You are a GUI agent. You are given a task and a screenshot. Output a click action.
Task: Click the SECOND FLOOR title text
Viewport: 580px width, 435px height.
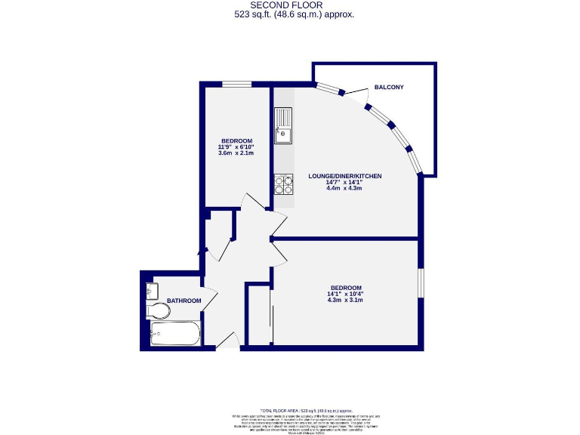[x=290, y=5]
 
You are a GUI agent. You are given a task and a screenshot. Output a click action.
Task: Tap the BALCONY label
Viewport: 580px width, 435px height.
[x=389, y=88]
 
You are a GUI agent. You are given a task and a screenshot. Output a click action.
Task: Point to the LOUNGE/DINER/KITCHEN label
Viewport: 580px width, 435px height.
[x=344, y=176]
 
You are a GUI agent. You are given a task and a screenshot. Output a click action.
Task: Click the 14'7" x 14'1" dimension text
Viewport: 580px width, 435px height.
[x=344, y=182]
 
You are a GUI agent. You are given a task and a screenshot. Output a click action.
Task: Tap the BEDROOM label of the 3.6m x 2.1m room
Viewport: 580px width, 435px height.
[x=236, y=141]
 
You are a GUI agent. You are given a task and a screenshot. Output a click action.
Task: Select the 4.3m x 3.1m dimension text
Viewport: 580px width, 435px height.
[x=345, y=300]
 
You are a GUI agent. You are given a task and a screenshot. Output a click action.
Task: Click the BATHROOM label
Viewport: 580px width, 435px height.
[x=184, y=301]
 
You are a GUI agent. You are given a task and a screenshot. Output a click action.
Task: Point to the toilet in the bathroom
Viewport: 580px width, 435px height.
[x=159, y=310]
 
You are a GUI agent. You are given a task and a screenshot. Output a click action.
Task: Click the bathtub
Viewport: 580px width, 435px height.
[x=174, y=333]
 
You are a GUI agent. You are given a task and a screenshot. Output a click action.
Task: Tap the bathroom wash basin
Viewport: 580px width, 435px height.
[x=150, y=290]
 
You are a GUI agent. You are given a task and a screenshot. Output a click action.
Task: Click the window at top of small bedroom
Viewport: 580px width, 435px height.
[x=236, y=83]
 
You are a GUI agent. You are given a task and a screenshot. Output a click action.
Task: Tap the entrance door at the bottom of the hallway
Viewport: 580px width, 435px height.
[x=227, y=341]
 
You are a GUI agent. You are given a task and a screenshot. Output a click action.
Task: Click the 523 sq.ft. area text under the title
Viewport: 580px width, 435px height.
[x=290, y=14]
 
